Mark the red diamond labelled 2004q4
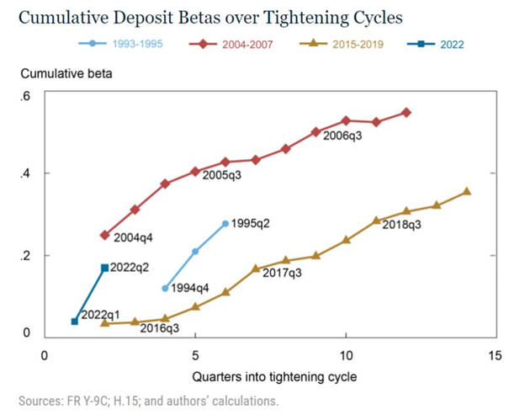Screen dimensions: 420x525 [105, 235]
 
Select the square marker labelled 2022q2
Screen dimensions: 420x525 [104, 268]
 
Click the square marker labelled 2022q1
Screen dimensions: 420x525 [75, 322]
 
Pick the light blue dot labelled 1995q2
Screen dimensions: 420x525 [225, 223]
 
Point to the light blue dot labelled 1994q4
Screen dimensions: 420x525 [165, 288]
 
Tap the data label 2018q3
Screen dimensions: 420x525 [402, 226]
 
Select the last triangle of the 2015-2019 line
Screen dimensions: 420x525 [466, 191]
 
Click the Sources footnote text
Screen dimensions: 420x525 [148, 401]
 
